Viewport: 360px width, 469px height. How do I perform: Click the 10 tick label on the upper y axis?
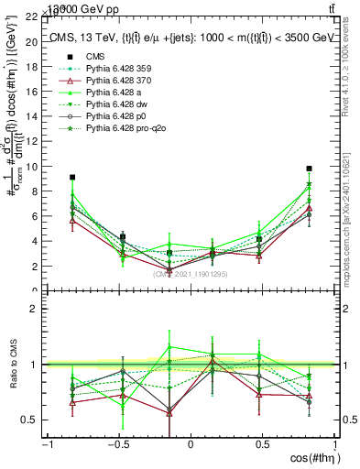(x=34, y=167)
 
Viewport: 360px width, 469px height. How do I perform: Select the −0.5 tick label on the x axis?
(x=117, y=444)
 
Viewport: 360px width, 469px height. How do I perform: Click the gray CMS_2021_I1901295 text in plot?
(x=191, y=274)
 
